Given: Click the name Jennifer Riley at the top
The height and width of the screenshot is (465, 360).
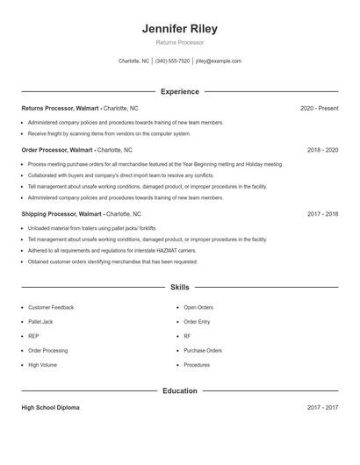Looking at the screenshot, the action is coord(180,29).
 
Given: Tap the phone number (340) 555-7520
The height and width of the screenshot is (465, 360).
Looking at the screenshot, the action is coord(173,61).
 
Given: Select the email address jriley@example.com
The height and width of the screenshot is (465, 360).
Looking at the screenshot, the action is coord(218,61).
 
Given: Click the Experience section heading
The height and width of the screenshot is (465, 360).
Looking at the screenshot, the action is coord(180,91).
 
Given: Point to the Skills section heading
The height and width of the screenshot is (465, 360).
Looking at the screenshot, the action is coord(180,287).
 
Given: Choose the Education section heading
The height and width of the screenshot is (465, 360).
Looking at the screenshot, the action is coord(180,390).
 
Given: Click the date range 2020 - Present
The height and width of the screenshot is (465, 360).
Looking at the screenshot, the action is coord(319,108).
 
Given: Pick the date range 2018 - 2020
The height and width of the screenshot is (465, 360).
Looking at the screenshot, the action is coord(322,150).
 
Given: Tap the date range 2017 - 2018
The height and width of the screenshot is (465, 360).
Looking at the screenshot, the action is coord(322,213).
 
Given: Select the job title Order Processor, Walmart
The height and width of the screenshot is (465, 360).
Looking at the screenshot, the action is coord(57,150).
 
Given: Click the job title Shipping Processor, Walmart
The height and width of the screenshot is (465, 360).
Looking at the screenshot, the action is coord(61,213).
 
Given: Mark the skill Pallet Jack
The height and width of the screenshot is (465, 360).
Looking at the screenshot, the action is coord(42,322).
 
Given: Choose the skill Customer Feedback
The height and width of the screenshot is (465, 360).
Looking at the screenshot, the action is coord(51,308).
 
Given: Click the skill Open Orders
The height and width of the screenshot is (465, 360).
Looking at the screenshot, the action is coord(198,308).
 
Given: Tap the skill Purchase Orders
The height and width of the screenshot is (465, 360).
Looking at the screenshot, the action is coord(203,350).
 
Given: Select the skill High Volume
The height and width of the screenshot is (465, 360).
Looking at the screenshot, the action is coord(42,364).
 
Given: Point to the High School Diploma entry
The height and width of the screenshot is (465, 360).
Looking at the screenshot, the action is coord(51,408).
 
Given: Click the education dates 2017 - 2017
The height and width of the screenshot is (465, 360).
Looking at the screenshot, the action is coord(322,408).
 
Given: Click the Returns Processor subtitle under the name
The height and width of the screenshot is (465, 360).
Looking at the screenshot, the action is coord(180,43).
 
